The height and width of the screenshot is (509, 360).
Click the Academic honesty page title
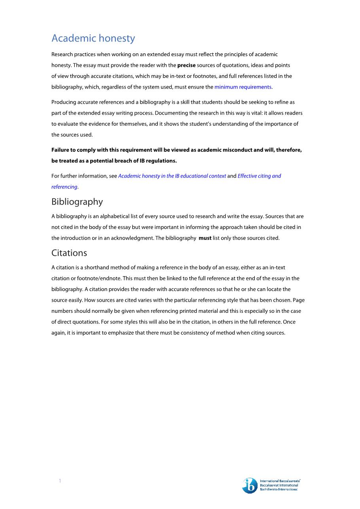93,38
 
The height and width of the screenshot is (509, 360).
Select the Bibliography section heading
77,202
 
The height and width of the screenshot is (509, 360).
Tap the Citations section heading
69,253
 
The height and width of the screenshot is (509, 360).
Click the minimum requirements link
243,87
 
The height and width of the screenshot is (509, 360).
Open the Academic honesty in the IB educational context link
172,176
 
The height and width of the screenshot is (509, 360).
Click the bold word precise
186,65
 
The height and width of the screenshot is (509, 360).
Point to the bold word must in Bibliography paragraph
205,238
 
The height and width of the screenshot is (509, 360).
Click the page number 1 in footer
60,481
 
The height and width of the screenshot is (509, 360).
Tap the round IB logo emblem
250,485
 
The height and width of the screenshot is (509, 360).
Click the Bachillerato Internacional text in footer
279,490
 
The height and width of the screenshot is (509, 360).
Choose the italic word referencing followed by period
64,187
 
